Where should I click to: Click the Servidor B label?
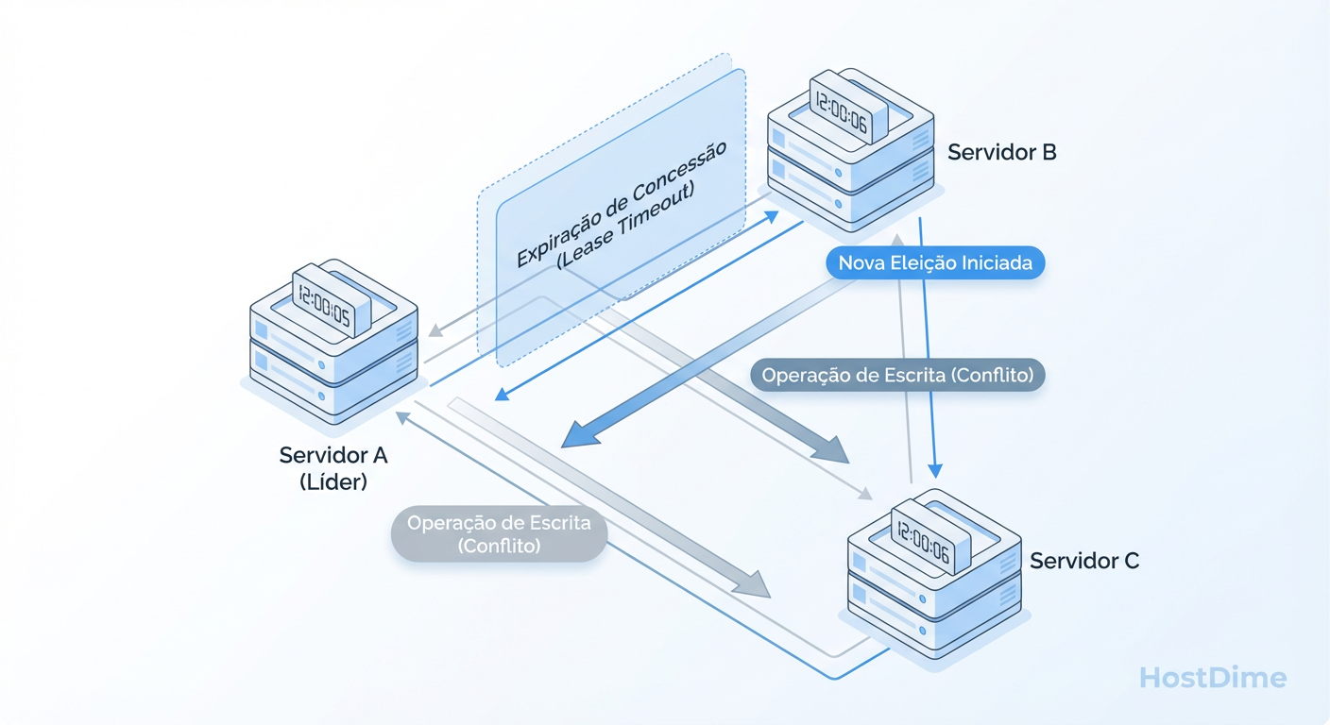point(1001,152)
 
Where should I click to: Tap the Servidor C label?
point(1084,561)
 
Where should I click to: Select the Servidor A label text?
point(333,455)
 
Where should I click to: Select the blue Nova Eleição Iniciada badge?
point(935,263)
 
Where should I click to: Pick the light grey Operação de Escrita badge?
point(499,533)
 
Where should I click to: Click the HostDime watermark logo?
point(1213,677)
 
